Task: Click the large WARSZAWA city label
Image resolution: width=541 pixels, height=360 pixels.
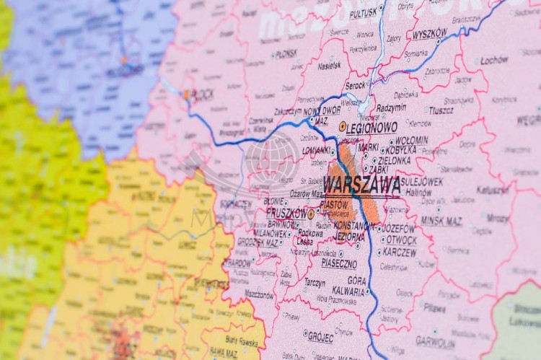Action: click(361, 185)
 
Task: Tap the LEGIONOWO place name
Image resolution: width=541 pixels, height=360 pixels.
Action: click(372, 127)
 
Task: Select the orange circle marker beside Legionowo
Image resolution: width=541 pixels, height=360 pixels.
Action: click(342, 126)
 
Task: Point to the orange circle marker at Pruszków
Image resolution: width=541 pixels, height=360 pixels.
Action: click(311, 214)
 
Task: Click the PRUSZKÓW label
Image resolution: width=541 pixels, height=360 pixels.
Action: click(286, 214)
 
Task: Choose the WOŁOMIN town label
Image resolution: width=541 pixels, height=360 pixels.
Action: click(411, 141)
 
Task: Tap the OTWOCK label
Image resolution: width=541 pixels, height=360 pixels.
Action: click(401, 240)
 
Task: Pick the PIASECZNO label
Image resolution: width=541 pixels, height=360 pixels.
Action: click(318, 265)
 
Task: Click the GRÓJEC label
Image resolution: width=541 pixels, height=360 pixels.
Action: click(320, 337)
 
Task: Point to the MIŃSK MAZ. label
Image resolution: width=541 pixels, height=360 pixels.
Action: click(441, 221)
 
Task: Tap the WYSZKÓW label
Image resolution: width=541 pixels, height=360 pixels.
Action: click(430, 33)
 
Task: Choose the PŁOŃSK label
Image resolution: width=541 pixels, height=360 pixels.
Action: click(286, 53)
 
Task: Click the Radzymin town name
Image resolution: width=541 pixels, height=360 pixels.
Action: click(391, 107)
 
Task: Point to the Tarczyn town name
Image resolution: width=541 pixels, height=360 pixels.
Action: click(314, 283)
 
